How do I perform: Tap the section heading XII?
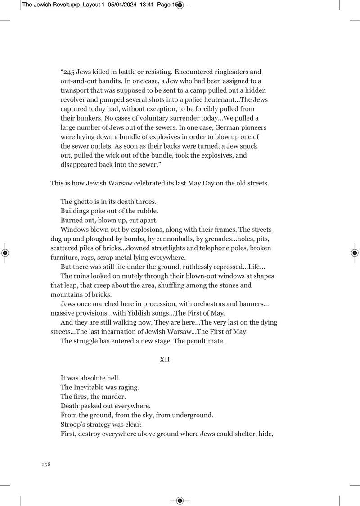(x=164, y=360)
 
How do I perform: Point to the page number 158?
(x=45, y=465)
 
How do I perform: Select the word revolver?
(x=73, y=100)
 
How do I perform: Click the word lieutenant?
(x=220, y=100)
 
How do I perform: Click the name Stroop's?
(x=74, y=425)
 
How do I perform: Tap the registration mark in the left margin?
(x=5, y=253)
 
